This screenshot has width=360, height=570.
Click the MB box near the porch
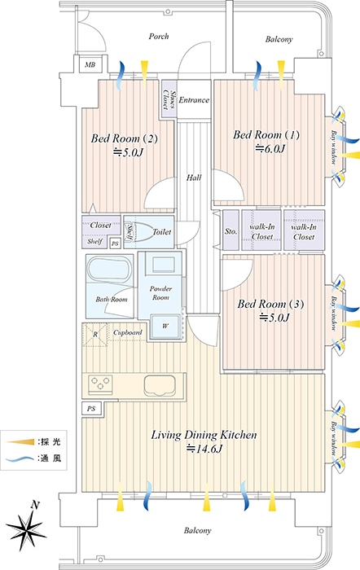pyautogui.click(x=90, y=64)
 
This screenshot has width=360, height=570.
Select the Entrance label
pyautogui.click(x=194, y=100)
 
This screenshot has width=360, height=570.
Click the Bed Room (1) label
pyautogui.click(x=266, y=135)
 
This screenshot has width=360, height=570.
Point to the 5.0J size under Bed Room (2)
pyautogui.click(x=128, y=152)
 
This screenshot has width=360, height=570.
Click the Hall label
pyautogui.click(x=194, y=178)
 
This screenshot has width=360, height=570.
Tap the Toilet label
pyautogui.click(x=162, y=231)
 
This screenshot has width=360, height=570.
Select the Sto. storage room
pyautogui.click(x=231, y=230)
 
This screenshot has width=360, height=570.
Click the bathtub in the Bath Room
pyautogui.click(x=108, y=269)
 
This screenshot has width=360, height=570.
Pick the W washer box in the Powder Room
pyautogui.click(x=165, y=326)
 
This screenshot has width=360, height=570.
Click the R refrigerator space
pyautogui.click(x=95, y=335)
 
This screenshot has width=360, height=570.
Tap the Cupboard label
pyautogui.click(x=128, y=332)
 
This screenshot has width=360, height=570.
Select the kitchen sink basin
pyautogui.click(x=160, y=386)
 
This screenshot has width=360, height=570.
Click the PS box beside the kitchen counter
pyautogui.click(x=92, y=409)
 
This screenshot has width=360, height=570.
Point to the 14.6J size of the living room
pyautogui.click(x=204, y=449)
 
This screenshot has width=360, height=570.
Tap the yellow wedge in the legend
pyautogui.click(x=20, y=441)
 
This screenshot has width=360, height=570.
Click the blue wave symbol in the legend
pyautogui.click(x=20, y=458)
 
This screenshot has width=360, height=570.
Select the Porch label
pyautogui.click(x=159, y=37)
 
